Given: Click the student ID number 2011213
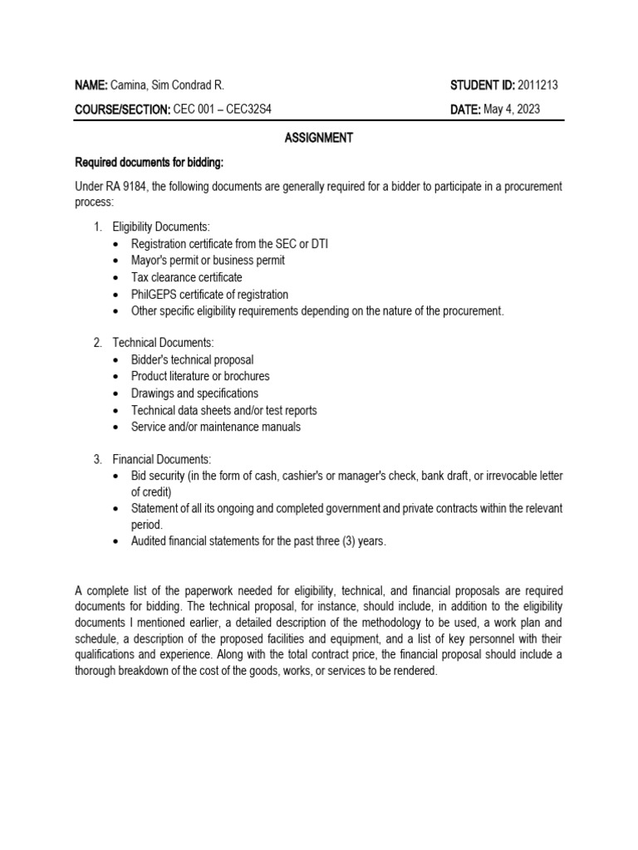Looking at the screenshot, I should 541,85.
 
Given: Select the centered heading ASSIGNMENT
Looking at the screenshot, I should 319,138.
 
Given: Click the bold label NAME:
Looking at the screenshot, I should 91,85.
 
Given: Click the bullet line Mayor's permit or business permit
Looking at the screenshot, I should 208,260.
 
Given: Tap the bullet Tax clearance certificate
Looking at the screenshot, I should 187,277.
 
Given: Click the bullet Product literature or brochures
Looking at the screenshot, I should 200,376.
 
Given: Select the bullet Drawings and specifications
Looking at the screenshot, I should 194,393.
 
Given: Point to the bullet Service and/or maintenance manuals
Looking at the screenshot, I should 215,427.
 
